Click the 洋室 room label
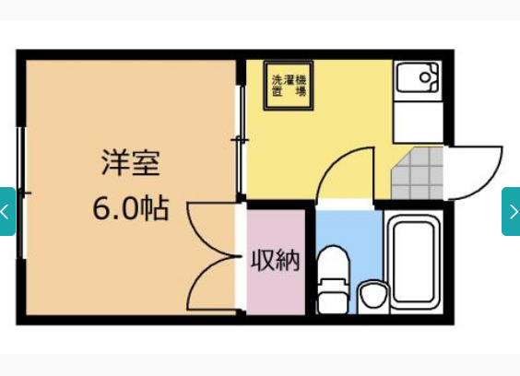click(x=130, y=164)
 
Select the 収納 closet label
click(x=276, y=261)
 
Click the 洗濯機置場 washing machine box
click(x=288, y=86)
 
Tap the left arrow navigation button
click(x=6, y=211)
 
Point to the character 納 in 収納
click(x=288, y=261)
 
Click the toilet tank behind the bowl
click(x=332, y=259)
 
